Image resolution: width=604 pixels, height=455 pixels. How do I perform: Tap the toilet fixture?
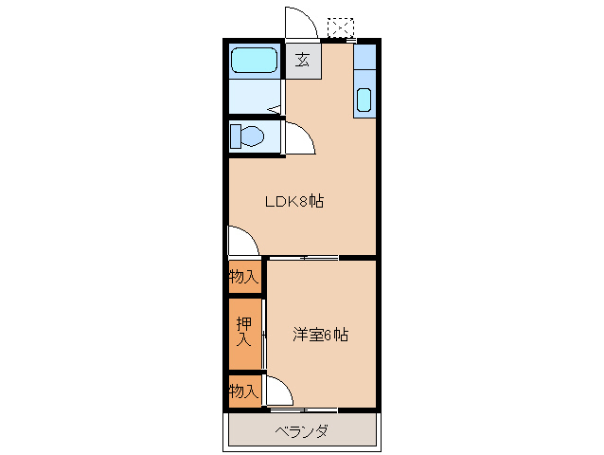click(x=249, y=136)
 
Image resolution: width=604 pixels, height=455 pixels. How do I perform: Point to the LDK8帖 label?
click(x=293, y=201)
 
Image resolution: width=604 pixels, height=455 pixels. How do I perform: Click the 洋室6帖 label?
click(x=320, y=335)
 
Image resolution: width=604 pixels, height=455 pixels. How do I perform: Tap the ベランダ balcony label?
click(x=302, y=432)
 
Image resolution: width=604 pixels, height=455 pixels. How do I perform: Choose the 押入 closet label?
click(x=243, y=331)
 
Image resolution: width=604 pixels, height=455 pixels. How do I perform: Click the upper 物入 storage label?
click(x=243, y=277)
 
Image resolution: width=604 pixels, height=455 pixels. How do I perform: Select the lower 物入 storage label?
click(x=243, y=391)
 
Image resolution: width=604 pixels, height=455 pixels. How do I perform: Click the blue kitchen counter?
click(x=364, y=80)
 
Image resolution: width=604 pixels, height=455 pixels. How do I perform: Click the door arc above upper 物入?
click(x=241, y=241)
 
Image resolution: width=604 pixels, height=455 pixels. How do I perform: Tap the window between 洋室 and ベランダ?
click(x=303, y=410)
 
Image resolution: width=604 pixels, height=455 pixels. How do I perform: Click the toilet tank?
click(x=235, y=136)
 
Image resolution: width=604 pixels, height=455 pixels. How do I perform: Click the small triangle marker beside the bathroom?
click(x=275, y=111)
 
